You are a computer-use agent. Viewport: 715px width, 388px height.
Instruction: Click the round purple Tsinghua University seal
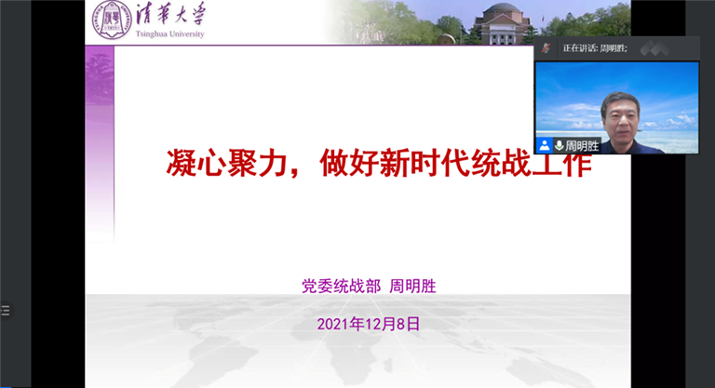pyautogui.click(x=111, y=20)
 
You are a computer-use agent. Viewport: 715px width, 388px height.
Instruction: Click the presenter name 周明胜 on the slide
pyautogui.click(x=413, y=287)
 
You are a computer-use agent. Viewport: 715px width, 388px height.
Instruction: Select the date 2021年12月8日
pyautogui.click(x=368, y=324)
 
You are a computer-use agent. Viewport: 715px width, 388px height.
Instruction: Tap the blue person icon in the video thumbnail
pyautogui.click(x=544, y=146)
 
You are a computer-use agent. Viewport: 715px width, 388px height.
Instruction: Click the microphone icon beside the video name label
pyautogui.click(x=560, y=146)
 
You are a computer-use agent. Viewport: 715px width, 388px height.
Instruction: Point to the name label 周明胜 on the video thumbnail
pyautogui.click(x=583, y=146)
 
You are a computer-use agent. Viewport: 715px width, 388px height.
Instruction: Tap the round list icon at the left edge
pyautogui.click(x=5, y=311)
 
